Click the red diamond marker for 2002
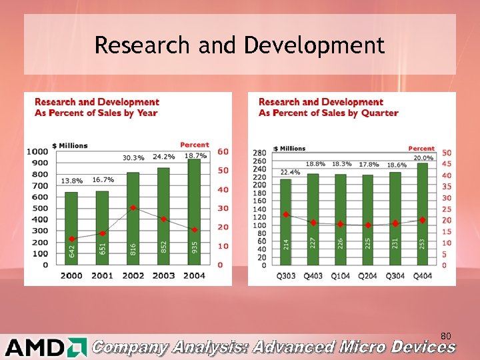click(133, 207)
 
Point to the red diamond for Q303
click(285, 215)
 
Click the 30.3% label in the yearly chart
click(133, 158)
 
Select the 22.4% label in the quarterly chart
click(289, 172)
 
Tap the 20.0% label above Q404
click(423, 158)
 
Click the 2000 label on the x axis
click(71, 275)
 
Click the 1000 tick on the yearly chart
click(37, 151)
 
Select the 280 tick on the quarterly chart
click(259, 153)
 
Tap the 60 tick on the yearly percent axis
click(223, 151)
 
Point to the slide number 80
click(446, 335)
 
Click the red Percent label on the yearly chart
click(194, 145)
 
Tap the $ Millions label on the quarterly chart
click(289, 148)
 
